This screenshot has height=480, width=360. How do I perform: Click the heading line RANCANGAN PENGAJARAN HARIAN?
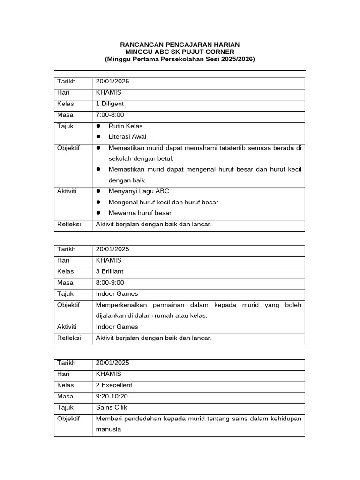coord(180,45)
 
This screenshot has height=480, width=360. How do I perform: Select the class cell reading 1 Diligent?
coord(110,104)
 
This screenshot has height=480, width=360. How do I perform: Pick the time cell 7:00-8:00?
coord(110,115)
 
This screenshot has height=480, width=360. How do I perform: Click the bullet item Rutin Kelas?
coord(126,126)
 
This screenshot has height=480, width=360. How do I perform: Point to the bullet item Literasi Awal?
coord(127,137)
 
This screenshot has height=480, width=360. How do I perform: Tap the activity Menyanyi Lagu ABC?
coord(139,191)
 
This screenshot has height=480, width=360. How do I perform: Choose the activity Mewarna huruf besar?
coord(140,213)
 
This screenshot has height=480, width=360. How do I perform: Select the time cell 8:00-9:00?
coord(110,283)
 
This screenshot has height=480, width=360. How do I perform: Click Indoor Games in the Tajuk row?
coord(117,294)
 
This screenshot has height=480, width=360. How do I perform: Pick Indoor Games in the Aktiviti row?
coord(117,327)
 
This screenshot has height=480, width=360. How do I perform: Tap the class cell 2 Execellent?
coord(114,385)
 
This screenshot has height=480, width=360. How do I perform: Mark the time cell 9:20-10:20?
coord(112,397)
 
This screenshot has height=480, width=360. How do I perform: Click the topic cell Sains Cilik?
coord(112,408)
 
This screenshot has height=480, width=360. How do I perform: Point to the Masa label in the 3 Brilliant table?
coord(65,283)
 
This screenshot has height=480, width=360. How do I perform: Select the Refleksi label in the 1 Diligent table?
coord(69,224)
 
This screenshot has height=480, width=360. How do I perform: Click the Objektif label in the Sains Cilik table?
coord(68,419)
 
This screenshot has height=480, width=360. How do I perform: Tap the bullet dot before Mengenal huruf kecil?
coord(98,202)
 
